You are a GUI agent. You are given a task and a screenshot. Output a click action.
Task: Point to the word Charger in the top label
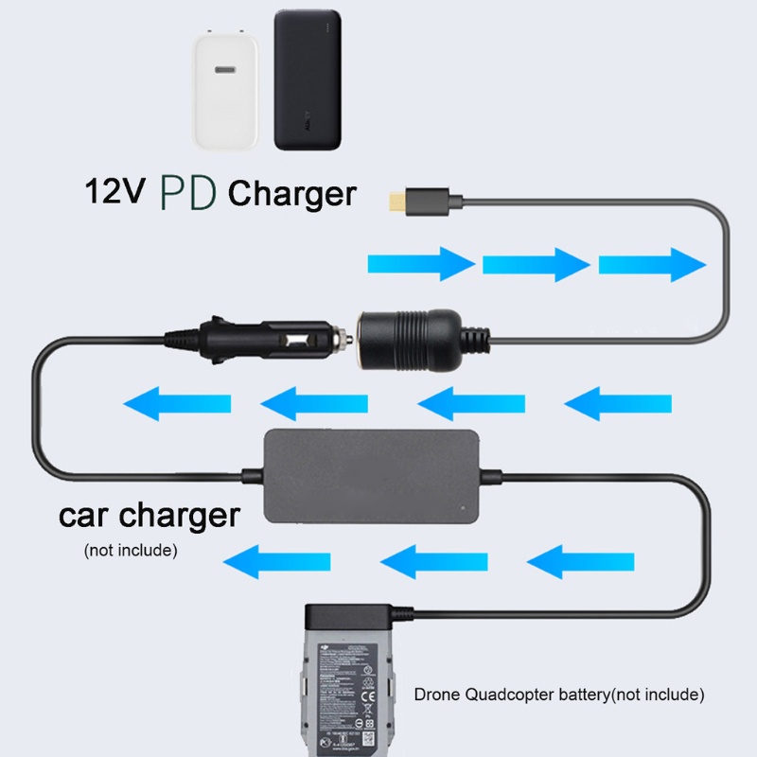point(292,194)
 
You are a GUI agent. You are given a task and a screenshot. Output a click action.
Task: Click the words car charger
point(150,517)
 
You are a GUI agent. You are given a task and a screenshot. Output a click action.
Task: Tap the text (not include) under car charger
point(131,549)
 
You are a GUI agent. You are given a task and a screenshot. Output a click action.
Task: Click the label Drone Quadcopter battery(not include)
point(559,695)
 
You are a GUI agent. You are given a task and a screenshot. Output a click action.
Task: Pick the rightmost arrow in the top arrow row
point(652,263)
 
